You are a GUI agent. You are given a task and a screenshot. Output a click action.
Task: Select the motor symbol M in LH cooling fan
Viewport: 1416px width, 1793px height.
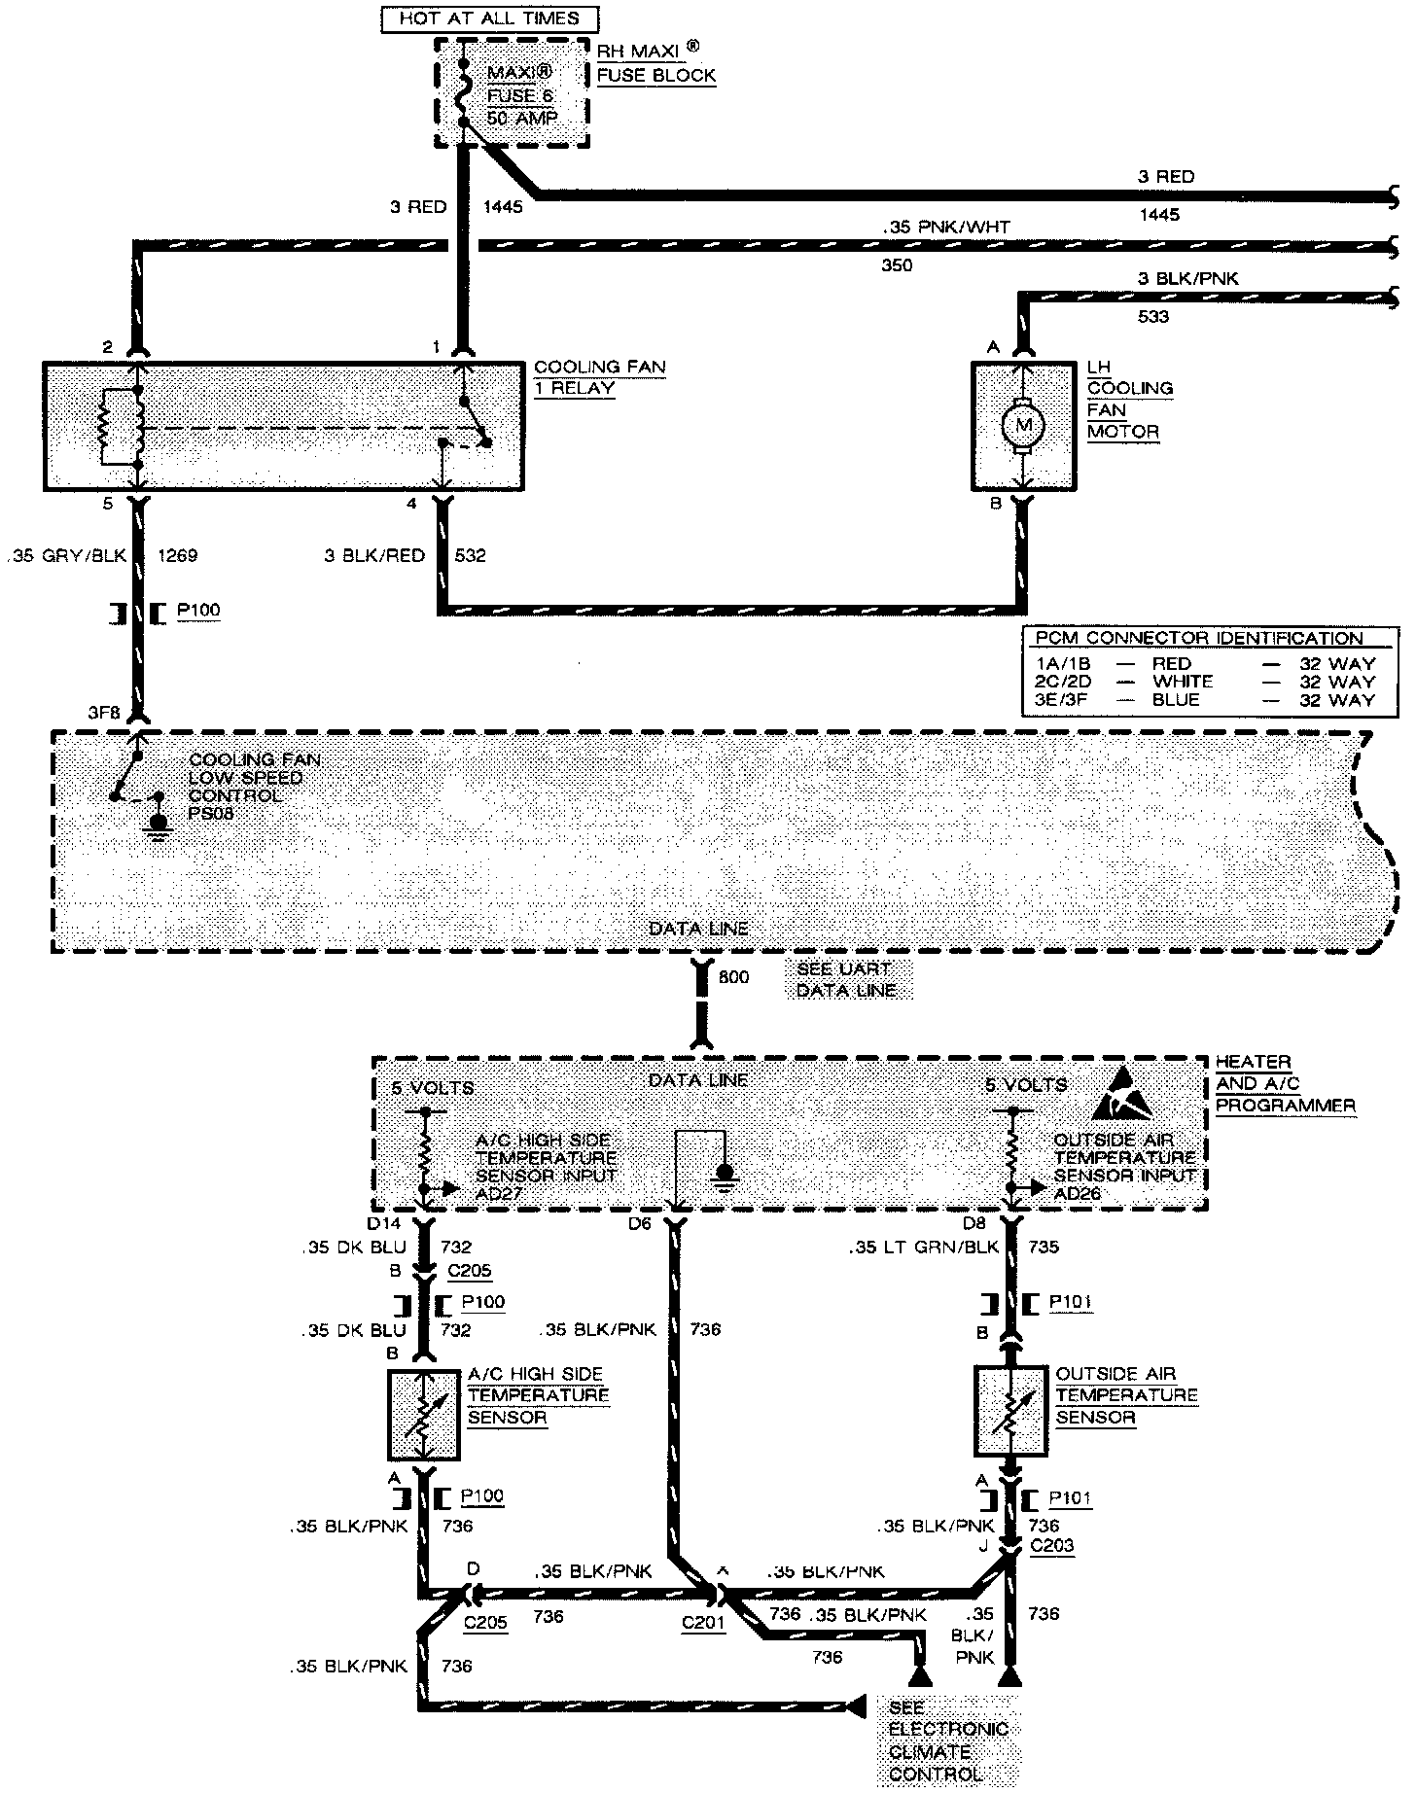pyautogui.click(x=1022, y=425)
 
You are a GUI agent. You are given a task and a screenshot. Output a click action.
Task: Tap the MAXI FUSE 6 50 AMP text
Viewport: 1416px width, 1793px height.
pyautogui.click(x=522, y=95)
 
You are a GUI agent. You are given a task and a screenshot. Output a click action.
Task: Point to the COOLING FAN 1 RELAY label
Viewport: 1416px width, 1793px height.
pyautogui.click(x=599, y=377)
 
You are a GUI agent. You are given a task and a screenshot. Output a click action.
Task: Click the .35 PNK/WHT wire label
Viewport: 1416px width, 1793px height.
pyautogui.click(x=946, y=227)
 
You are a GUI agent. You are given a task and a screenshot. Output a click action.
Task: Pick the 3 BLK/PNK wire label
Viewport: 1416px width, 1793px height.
pyautogui.click(x=1188, y=279)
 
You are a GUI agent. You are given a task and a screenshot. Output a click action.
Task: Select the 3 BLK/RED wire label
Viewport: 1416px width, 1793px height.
pyautogui.click(x=376, y=556)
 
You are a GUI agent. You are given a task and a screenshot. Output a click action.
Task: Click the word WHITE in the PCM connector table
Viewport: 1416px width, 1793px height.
pyautogui.click(x=1182, y=682)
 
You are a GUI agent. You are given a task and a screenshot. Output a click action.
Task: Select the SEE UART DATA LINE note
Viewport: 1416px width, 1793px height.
pyautogui.click(x=843, y=980)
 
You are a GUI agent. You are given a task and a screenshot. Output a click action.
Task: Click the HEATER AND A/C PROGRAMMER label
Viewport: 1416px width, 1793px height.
pyautogui.click(x=1285, y=1083)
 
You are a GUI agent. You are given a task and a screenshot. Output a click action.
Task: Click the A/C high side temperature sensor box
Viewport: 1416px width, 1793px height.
pyautogui.click(x=424, y=1415)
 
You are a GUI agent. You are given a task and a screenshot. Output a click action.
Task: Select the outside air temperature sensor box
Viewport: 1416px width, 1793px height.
pyautogui.click(x=1010, y=1410)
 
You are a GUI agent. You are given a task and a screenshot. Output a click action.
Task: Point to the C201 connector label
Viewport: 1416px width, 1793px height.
pyautogui.click(x=702, y=1623)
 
